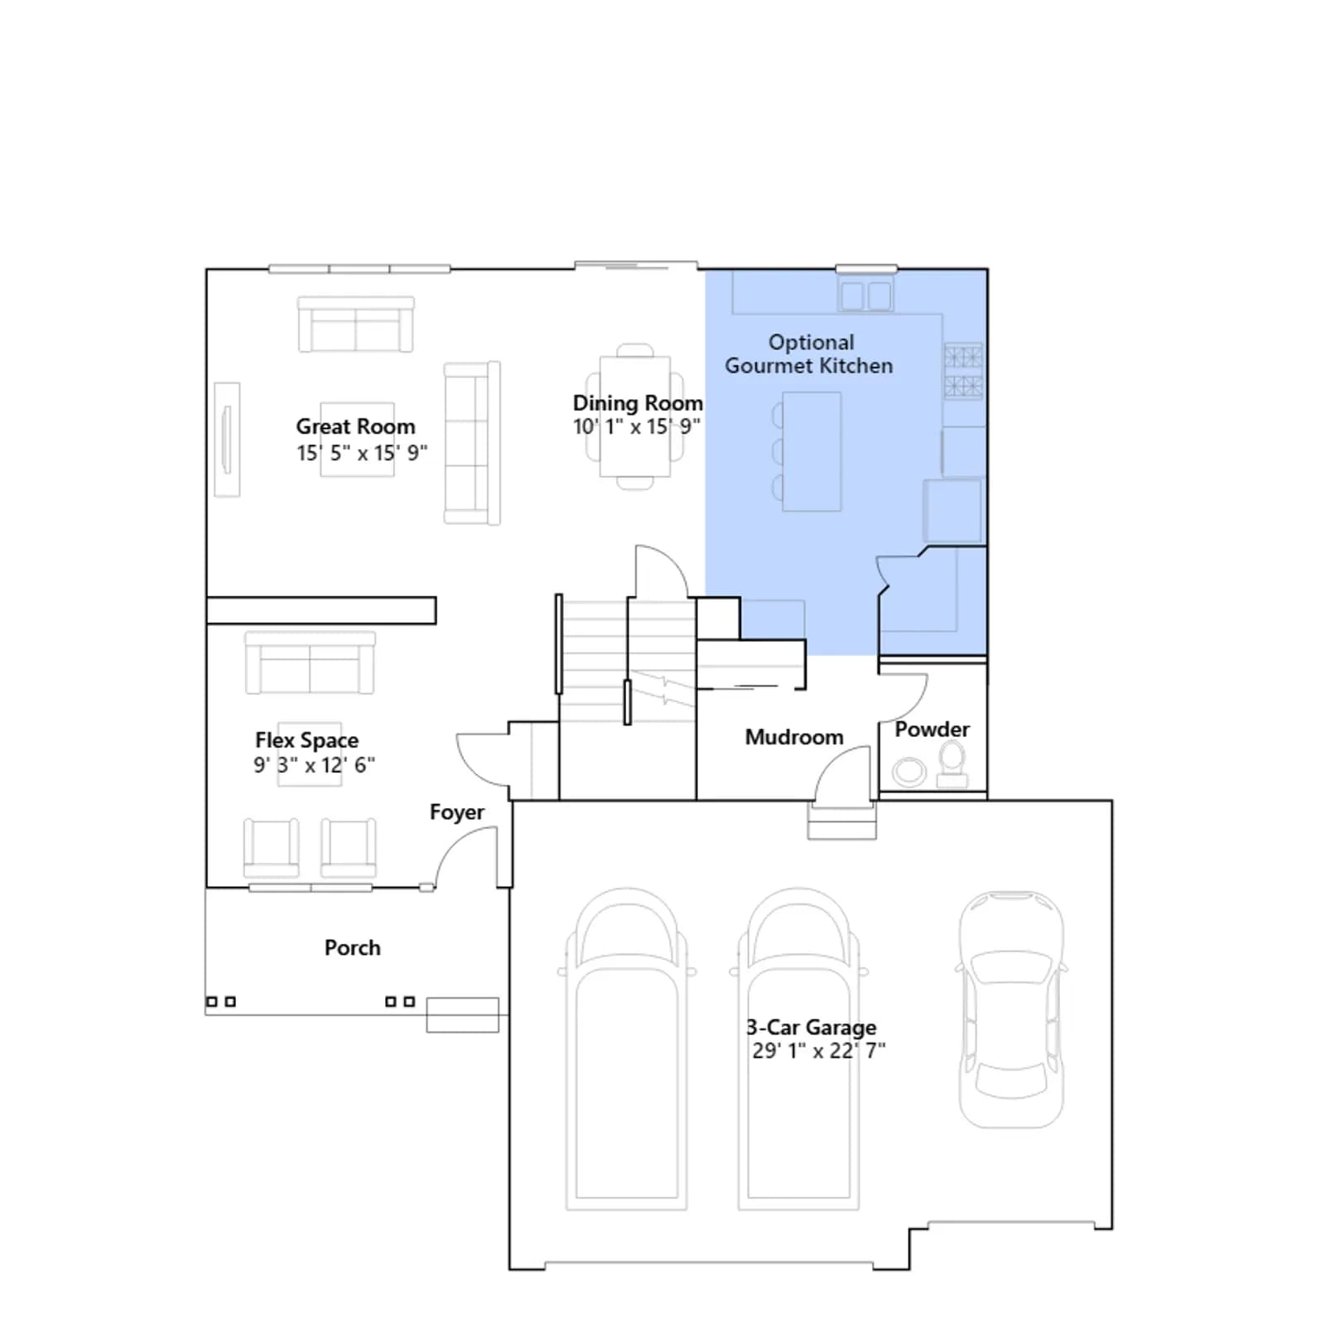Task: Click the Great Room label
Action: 355,426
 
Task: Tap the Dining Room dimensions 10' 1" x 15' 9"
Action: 637,426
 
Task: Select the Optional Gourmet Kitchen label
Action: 809,354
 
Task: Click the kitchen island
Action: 812,451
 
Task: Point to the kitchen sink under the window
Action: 865,295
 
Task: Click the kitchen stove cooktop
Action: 964,371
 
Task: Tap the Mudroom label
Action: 794,737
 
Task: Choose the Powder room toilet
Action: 952,764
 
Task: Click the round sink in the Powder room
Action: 909,772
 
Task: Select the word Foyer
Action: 457,812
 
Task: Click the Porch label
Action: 353,947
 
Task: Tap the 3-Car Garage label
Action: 812,1028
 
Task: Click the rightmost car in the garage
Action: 1011,1009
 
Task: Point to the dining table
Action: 635,417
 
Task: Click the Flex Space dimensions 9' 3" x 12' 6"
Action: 314,764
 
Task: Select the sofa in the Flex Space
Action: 310,662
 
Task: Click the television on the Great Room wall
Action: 227,440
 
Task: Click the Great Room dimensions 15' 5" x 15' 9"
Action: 362,453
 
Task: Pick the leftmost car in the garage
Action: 627,1049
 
